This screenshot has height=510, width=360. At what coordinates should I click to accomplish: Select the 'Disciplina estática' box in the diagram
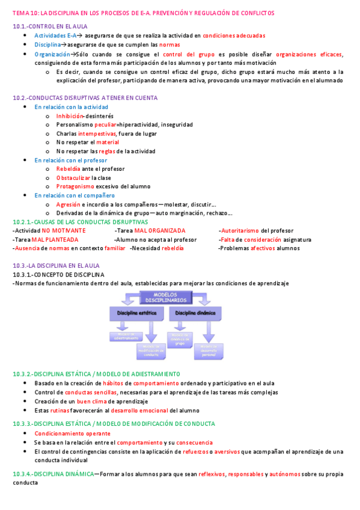[x=134, y=313]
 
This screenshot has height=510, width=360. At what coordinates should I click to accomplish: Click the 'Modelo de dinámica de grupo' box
[x=180, y=340]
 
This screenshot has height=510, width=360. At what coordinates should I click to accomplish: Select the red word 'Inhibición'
[x=69, y=115]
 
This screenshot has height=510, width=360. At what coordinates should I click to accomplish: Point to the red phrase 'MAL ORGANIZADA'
[x=160, y=230]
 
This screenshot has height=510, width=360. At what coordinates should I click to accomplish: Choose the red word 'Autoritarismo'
[x=240, y=230]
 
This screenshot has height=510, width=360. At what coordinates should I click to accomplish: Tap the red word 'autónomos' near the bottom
[x=285, y=474]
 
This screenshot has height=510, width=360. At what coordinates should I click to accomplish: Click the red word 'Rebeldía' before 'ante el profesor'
[x=68, y=169]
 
